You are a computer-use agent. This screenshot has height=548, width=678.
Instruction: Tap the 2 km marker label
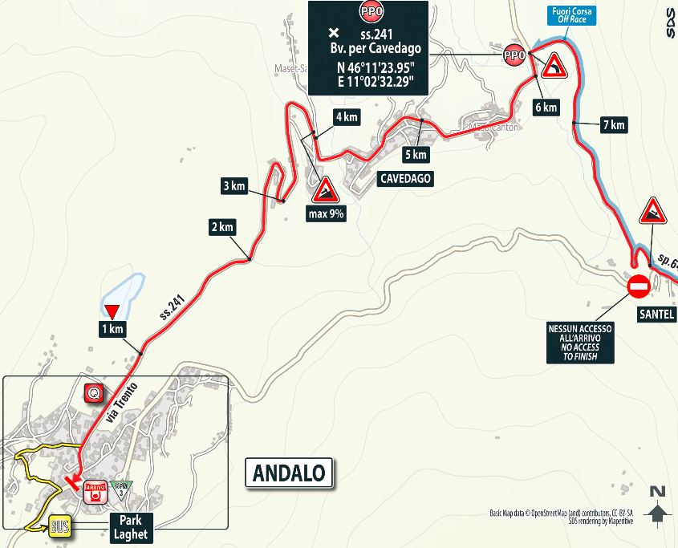pos(221,227)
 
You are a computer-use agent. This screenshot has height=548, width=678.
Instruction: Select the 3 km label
pos(233,186)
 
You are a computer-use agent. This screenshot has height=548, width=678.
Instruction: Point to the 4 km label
pos(346,117)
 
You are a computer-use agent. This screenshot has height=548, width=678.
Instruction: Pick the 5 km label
pos(416,154)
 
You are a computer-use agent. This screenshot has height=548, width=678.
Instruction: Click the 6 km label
pos(545,108)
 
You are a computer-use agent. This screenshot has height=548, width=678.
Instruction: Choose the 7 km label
pos(612,124)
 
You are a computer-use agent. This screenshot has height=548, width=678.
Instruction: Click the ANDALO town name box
pos(289,473)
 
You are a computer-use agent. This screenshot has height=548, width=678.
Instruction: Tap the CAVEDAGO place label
pos(405,180)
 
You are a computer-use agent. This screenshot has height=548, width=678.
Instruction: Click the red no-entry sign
pos(639,286)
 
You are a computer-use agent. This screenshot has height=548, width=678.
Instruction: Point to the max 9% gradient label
pos(326,214)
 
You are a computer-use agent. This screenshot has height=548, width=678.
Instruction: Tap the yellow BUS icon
pos(59,526)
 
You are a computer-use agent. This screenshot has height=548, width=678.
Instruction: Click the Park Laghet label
pos(129,526)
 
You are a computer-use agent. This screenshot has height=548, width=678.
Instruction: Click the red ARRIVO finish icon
pos(96,491)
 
